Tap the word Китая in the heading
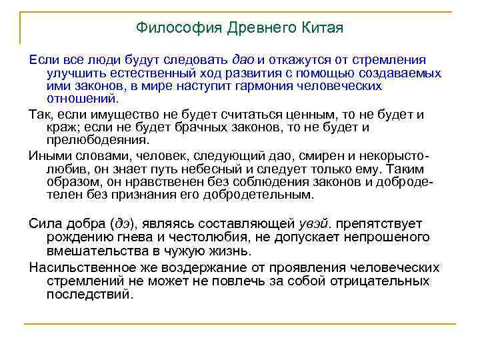click(323, 29)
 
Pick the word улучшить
click(73, 74)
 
